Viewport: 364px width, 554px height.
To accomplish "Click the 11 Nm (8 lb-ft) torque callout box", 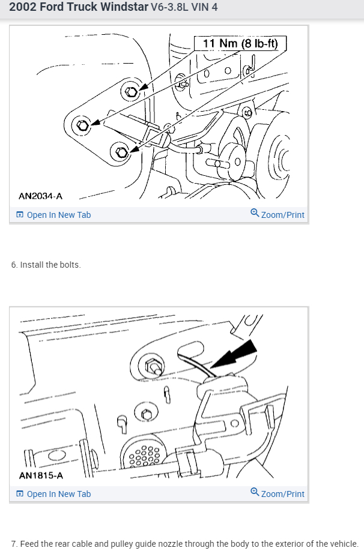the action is tap(240, 43).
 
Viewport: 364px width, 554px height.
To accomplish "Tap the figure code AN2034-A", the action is tap(40, 196).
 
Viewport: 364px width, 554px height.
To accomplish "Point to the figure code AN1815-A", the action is tap(40, 475).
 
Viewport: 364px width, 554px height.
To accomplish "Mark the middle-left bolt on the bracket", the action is tap(82, 125).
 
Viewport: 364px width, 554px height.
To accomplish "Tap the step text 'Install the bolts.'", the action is tap(50, 265).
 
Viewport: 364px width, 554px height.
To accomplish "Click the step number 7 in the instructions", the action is tap(13, 544).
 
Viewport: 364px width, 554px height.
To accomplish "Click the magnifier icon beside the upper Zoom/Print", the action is tap(255, 214).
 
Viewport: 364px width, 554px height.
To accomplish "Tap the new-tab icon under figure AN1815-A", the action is tap(20, 494).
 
